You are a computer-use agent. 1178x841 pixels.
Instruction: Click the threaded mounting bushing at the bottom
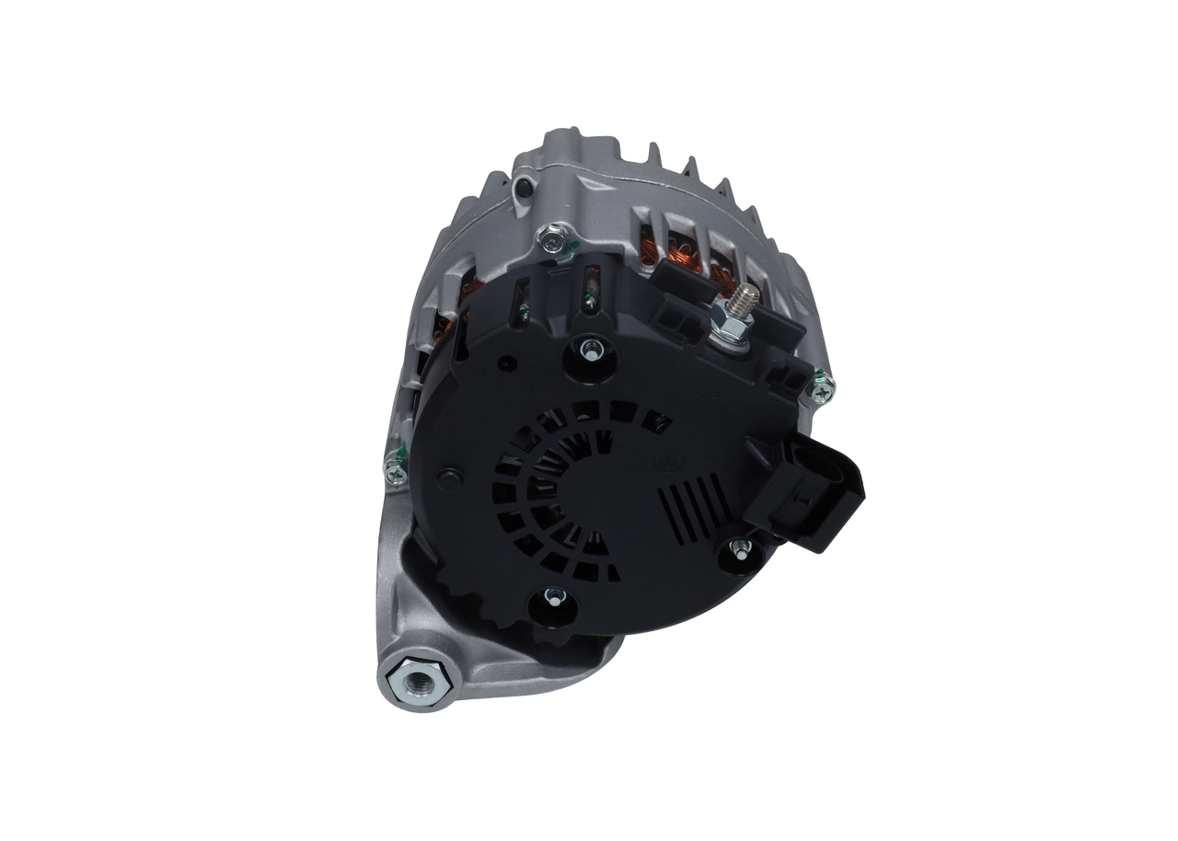pyautogui.click(x=415, y=682)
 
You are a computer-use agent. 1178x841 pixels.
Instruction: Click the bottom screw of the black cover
pyautogui.click(x=553, y=600)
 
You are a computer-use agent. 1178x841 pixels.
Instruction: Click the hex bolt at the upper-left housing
pyautogui.click(x=550, y=240)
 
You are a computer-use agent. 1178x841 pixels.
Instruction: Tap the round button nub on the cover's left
pyautogui.click(x=449, y=478)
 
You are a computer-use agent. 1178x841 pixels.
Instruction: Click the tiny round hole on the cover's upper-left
pyautogui.click(x=502, y=363)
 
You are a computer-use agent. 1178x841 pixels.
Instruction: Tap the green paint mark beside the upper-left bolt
pyautogui.click(x=569, y=246)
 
